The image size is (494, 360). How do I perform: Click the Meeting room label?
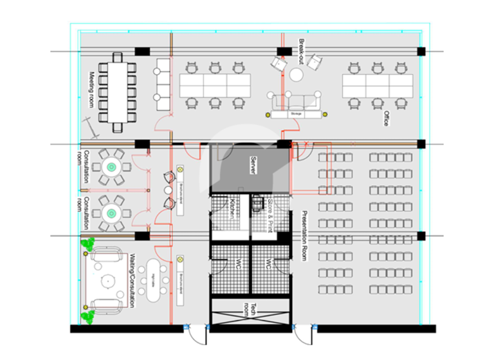(93, 90)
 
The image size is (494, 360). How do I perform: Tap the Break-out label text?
(301, 51)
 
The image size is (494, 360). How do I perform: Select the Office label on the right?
(386, 118)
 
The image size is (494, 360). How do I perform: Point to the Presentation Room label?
(305, 235)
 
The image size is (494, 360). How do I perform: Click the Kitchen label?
(231, 210)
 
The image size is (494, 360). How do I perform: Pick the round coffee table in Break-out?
(296, 75)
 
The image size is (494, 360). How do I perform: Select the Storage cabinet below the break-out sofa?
(296, 114)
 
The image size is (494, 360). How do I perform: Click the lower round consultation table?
(112, 212)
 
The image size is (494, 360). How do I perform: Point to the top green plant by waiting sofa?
(87, 244)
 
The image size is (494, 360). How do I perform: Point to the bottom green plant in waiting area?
(87, 316)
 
